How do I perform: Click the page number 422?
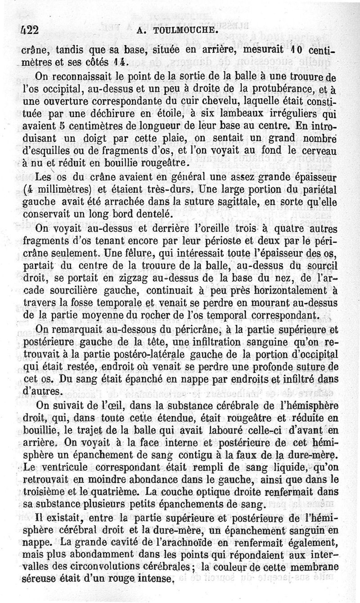[29, 30]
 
